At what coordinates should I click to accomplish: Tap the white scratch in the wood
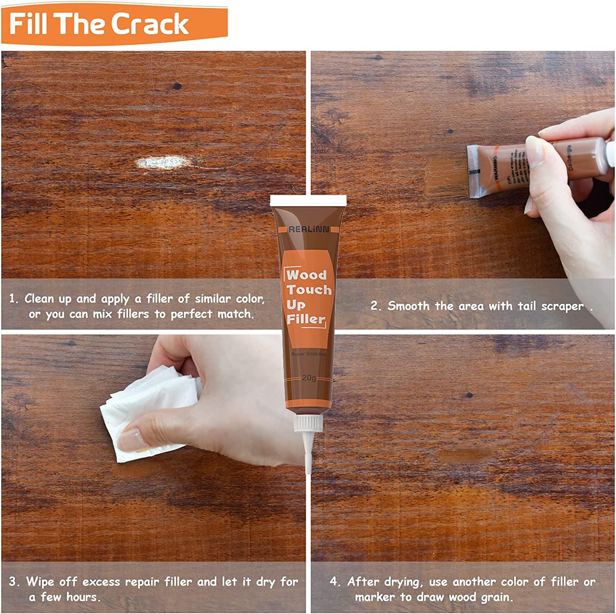point(161,163)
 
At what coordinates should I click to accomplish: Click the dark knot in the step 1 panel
point(177,86)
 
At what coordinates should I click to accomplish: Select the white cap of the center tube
point(308,201)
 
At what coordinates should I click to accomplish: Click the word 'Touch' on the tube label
point(309,290)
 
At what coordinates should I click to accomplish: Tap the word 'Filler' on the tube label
point(306,319)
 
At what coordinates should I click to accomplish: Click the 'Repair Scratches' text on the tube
point(308,354)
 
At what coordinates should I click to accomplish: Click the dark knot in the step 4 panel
point(469,396)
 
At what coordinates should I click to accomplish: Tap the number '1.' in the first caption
point(14,298)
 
